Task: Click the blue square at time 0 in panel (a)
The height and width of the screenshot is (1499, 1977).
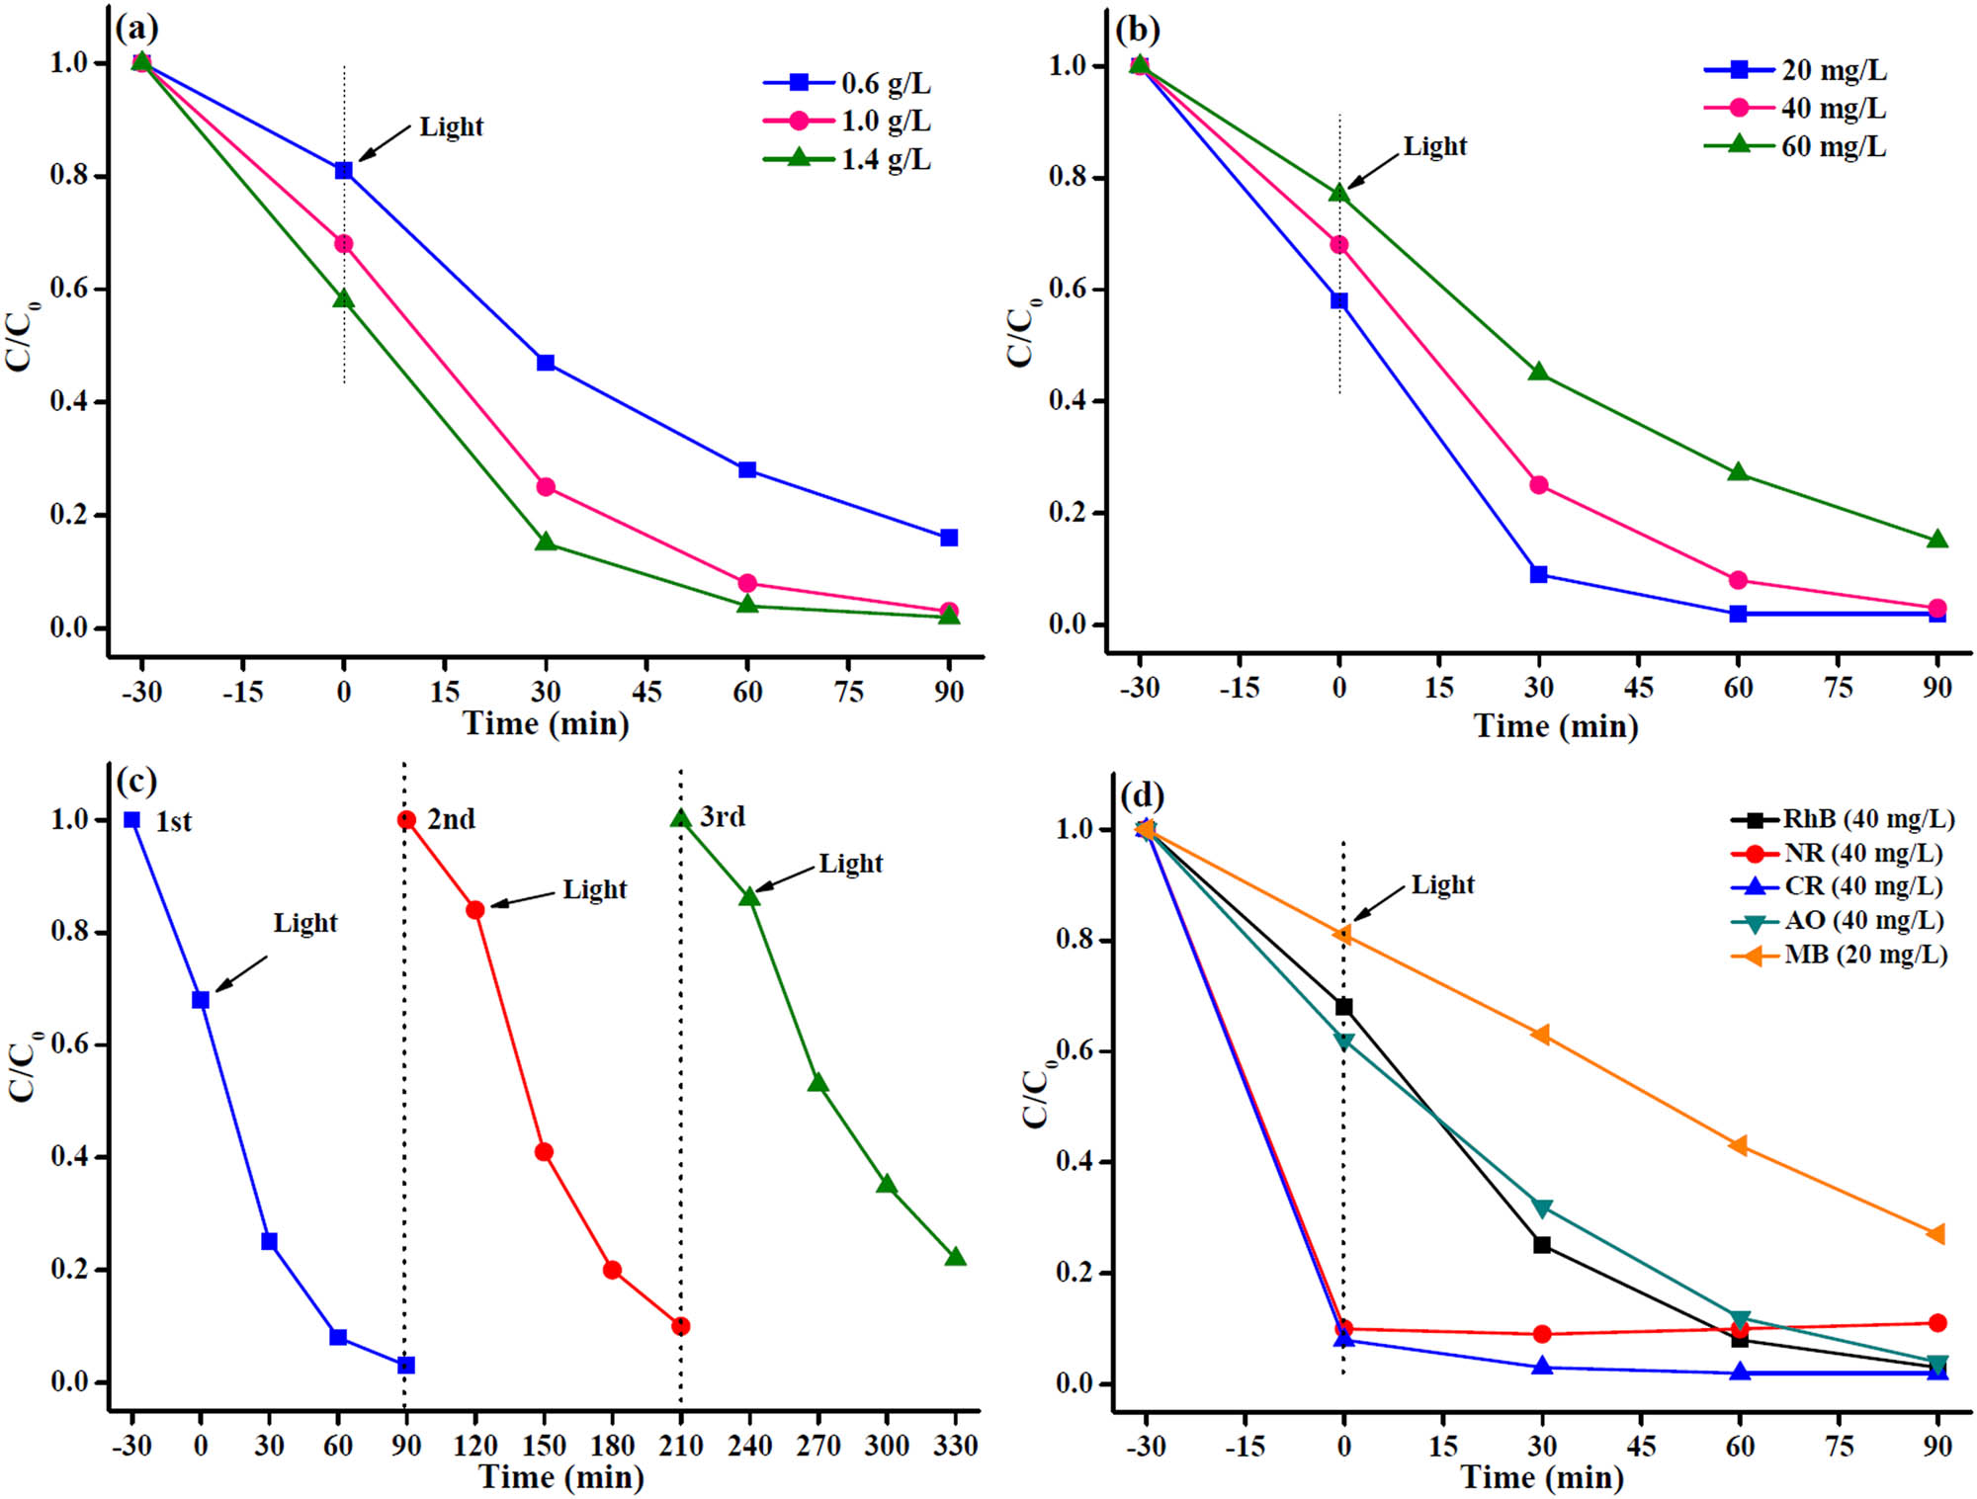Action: coord(343,171)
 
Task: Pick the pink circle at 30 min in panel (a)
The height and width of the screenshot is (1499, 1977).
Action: coord(545,487)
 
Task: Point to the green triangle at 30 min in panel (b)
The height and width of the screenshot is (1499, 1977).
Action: coord(1538,373)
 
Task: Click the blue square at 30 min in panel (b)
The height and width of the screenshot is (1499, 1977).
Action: coord(1538,574)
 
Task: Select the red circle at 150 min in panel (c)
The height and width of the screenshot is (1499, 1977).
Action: coord(544,1152)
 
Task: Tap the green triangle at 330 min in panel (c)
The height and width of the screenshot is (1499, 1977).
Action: coord(955,1257)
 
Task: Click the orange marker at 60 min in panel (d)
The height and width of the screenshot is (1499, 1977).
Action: coord(1739,1145)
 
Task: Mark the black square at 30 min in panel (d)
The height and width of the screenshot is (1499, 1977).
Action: coord(1542,1245)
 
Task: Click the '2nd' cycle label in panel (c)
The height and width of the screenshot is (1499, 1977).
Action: coord(451,819)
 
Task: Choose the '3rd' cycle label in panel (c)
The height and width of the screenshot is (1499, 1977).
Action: coord(723,816)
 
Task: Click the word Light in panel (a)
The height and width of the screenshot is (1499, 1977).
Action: coord(451,126)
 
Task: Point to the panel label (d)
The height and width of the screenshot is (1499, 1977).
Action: coord(1142,794)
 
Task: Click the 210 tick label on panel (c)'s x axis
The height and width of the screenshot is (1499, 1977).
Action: coord(681,1446)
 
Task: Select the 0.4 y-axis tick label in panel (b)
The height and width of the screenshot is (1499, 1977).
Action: coord(1069,400)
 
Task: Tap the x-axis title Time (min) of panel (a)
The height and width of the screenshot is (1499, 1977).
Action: coord(546,723)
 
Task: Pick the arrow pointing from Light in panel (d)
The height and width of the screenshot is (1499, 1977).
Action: coord(1378,902)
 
